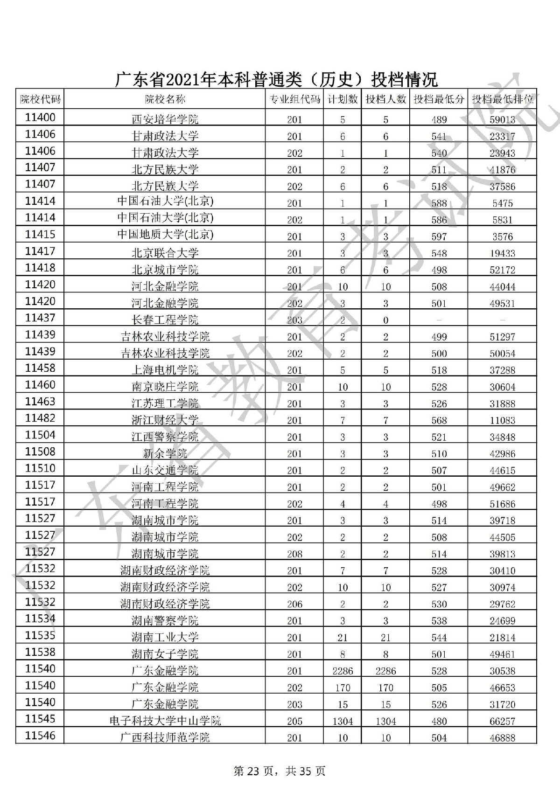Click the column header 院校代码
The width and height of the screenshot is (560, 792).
point(40,99)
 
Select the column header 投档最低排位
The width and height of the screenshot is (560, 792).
point(503,99)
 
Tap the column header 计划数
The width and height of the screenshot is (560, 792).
point(343,99)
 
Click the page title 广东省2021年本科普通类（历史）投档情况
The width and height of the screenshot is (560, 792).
point(276,79)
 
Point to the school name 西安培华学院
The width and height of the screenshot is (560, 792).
point(165,119)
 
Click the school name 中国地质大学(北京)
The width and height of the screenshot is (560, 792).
point(165,234)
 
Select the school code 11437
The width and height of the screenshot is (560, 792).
point(40,318)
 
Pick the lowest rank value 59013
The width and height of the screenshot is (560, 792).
point(503,120)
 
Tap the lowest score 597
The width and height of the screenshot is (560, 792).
point(439,236)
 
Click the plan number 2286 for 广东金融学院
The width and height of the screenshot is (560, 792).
point(343,671)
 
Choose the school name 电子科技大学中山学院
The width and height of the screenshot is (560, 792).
point(165,721)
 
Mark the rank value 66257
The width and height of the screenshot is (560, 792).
point(503,722)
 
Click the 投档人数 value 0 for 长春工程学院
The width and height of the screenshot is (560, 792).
point(385,320)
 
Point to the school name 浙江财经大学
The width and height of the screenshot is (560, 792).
point(165,420)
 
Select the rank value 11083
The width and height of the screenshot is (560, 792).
point(503,421)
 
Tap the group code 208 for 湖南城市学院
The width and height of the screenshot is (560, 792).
point(294,554)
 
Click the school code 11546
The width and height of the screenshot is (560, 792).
point(40,736)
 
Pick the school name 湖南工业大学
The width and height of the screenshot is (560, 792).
point(165,637)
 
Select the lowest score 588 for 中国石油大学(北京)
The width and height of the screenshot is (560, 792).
point(439,203)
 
